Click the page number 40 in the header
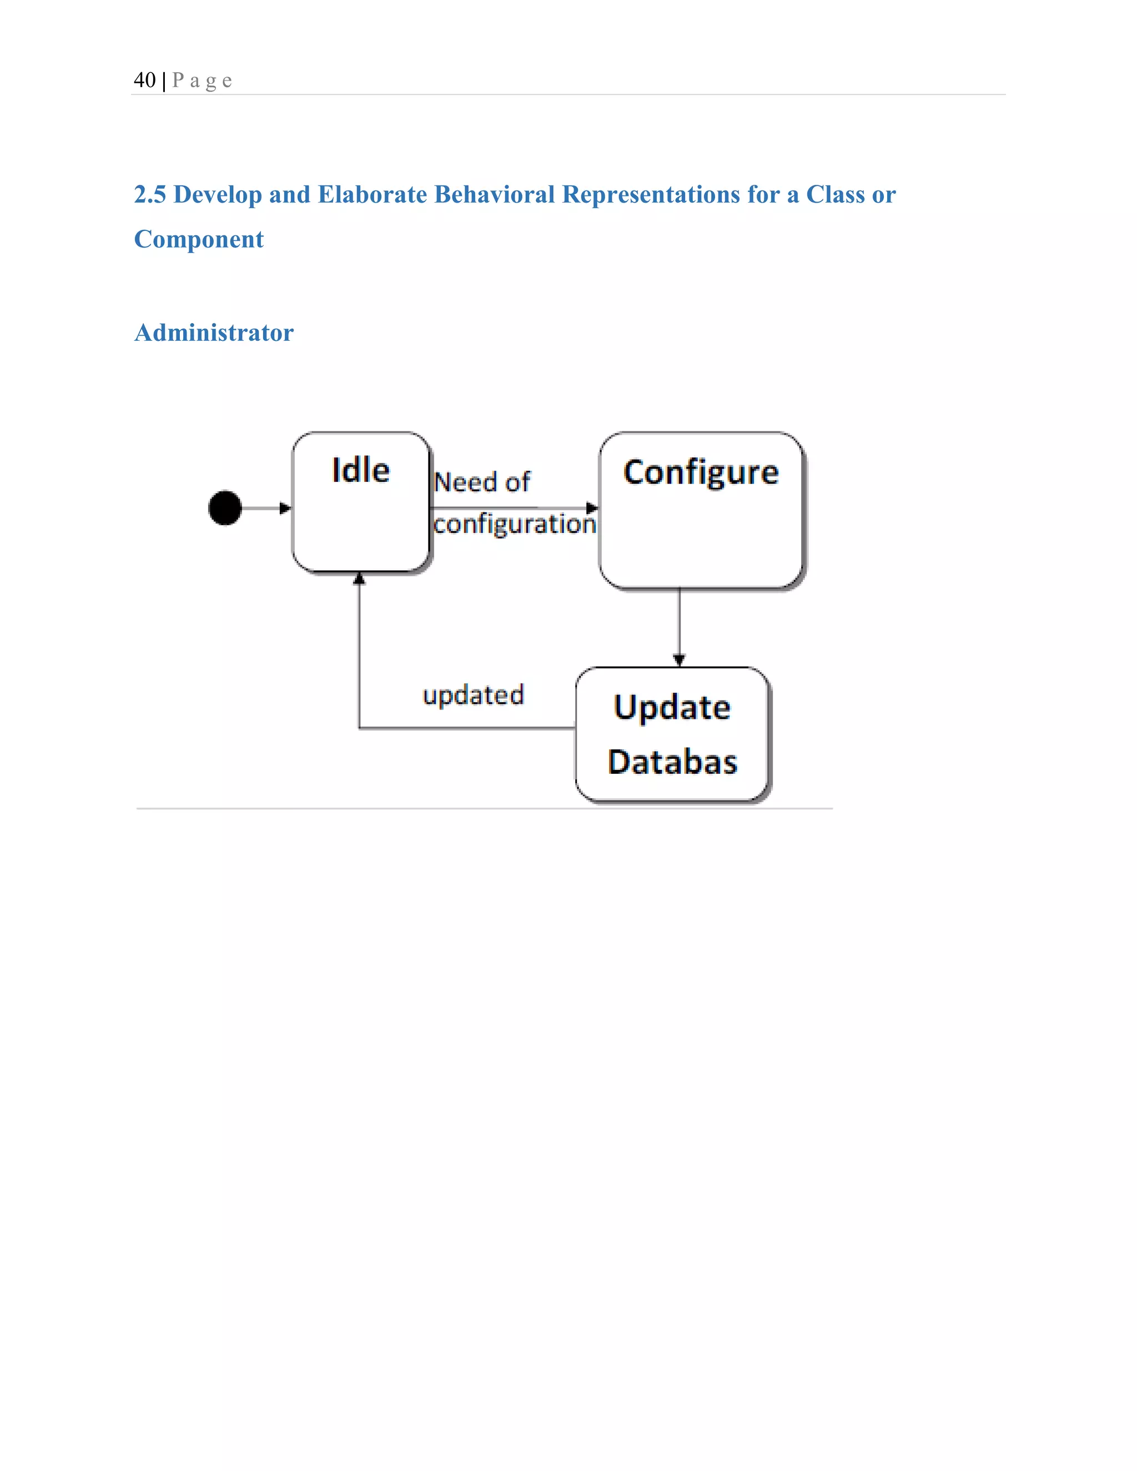pos(144,80)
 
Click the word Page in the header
pos(202,81)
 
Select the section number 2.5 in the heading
pos(149,195)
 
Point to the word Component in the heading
pos(199,239)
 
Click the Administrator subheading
pos(214,333)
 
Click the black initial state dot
pos(225,508)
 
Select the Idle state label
pos(360,470)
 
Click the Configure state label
pos(701,473)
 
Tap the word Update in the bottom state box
pos(672,707)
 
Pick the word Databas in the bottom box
pos(672,762)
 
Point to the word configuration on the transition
pos(515,524)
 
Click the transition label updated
pos(473,695)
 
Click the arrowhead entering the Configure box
pos(592,508)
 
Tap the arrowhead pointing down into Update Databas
pos(679,660)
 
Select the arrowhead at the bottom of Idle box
pos(359,578)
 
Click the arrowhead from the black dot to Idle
pos(285,508)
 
